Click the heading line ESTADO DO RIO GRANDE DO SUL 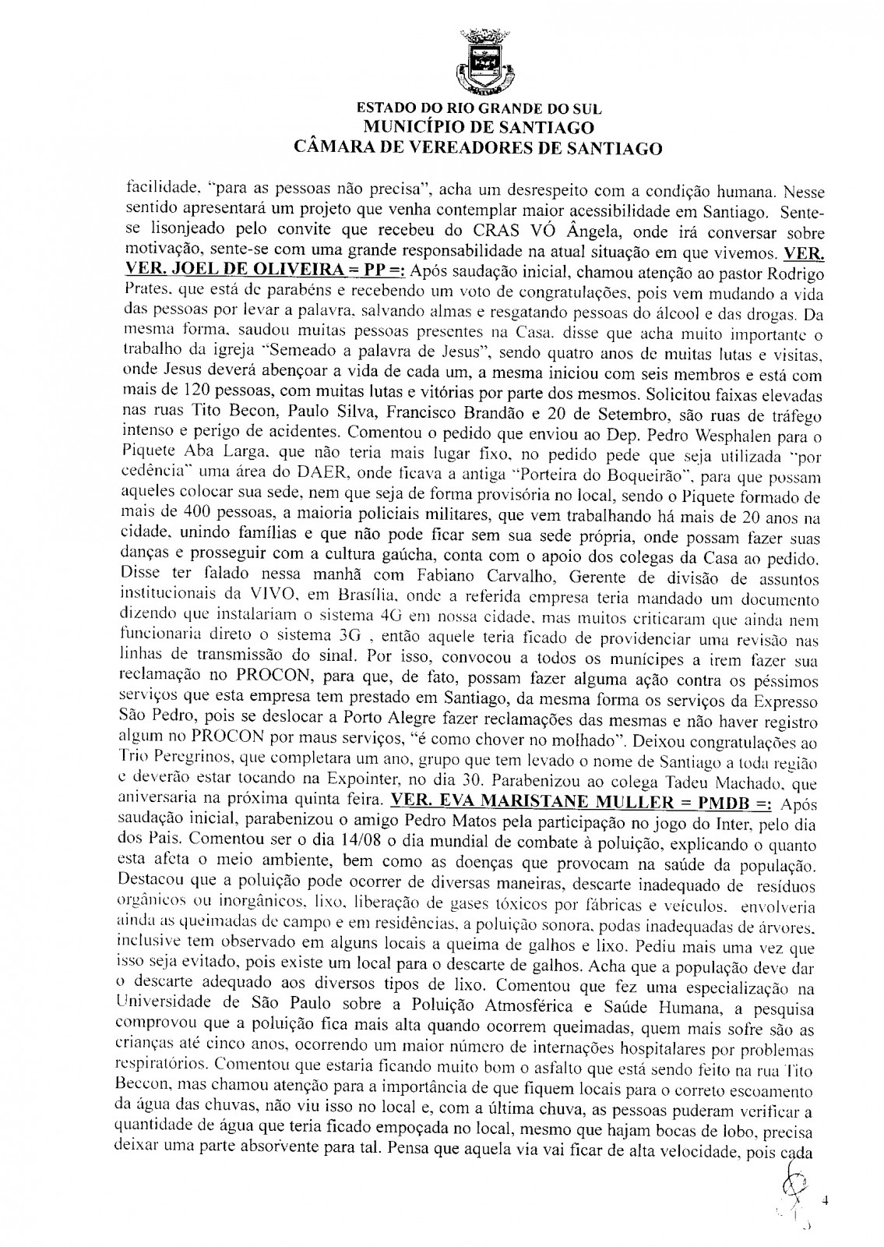click(x=478, y=111)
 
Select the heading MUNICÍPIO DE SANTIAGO click(x=478, y=128)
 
